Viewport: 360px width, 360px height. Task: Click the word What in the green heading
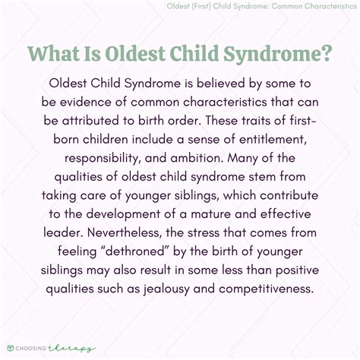click(53, 53)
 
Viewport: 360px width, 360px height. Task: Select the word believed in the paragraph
click(221, 83)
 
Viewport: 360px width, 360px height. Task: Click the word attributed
click(90, 120)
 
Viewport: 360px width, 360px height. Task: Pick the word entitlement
click(273, 140)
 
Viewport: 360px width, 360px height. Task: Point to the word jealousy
click(166, 289)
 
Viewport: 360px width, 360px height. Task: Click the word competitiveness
click(267, 289)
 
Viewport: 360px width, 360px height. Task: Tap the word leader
click(64, 232)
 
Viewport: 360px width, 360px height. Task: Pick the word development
click(123, 214)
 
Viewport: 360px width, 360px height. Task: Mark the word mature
click(211, 214)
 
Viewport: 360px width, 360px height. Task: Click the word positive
click(297, 270)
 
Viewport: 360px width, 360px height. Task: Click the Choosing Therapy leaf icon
click(11, 348)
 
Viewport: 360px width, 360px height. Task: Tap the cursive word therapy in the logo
click(71, 349)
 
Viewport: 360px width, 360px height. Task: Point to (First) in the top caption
click(201, 6)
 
